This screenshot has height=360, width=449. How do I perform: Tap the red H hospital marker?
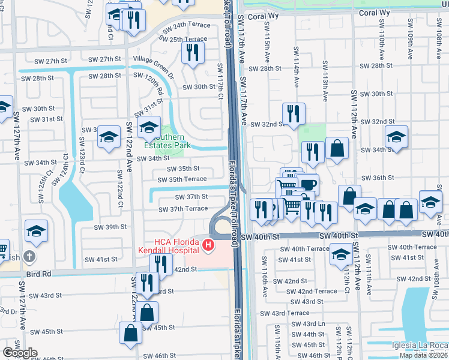(x=208, y=245)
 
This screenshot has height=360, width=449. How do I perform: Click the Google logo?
(x=20, y=353)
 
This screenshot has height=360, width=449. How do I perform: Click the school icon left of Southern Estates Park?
(x=109, y=137)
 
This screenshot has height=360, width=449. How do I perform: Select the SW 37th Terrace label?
(x=183, y=209)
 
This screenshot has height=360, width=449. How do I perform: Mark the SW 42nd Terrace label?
(x=312, y=291)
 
